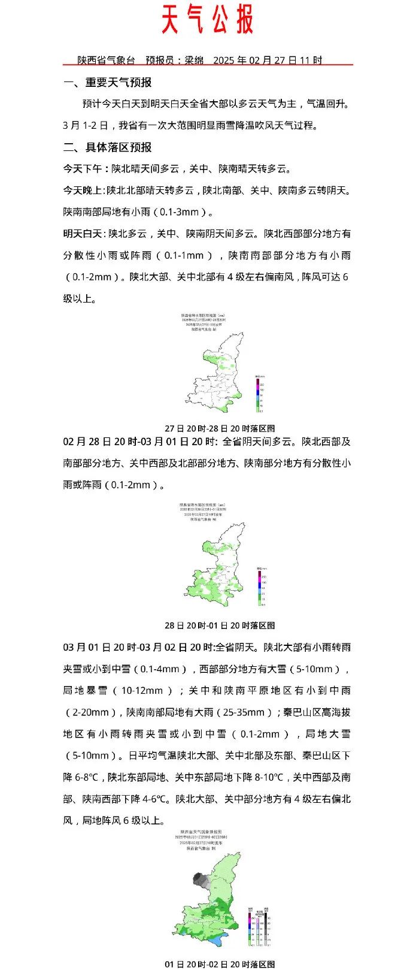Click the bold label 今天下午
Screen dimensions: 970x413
(86, 169)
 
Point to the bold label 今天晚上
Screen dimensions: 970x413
(84, 191)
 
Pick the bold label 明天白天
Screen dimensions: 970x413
(84, 234)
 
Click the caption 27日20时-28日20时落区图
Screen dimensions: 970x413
(220, 428)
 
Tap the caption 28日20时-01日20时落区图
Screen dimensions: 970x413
(220, 625)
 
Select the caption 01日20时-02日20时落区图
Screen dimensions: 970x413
(220, 964)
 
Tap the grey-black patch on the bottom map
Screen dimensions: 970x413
(201, 880)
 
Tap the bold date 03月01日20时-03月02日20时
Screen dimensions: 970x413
(138, 648)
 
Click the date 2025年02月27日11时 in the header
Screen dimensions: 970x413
(268, 60)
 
